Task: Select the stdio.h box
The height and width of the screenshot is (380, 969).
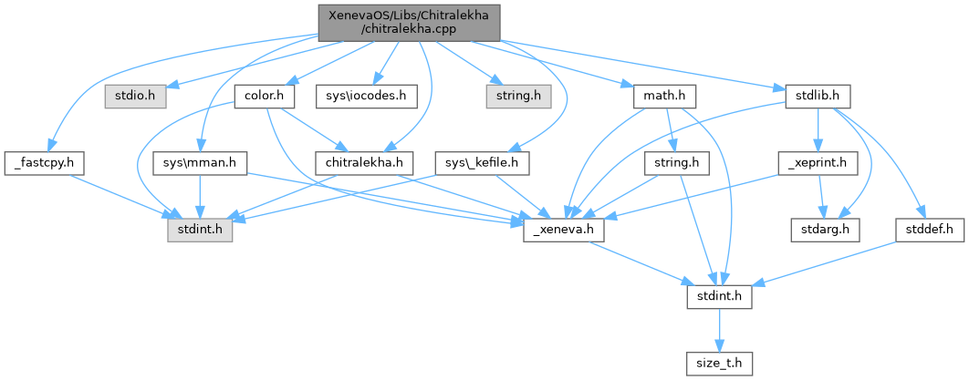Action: tap(133, 94)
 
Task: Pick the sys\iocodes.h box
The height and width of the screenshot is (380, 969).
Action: tap(360, 94)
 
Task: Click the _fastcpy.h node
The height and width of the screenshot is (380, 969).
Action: tap(44, 163)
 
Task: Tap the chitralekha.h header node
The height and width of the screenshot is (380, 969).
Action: tap(363, 163)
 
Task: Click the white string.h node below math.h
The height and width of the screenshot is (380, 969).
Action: tap(677, 163)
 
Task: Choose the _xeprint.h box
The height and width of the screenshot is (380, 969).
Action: tap(818, 163)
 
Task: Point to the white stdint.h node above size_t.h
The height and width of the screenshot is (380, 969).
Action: tap(718, 296)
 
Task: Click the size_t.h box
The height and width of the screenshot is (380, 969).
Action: tap(718, 364)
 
